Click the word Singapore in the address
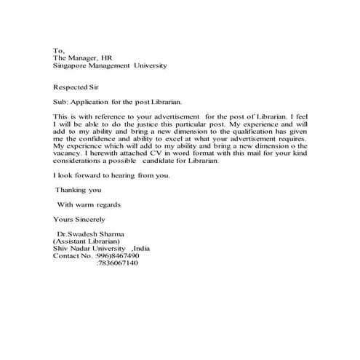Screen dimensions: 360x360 click(x=71, y=65)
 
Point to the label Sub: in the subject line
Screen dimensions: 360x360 click(x=61, y=102)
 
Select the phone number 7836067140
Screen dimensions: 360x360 click(x=117, y=263)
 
